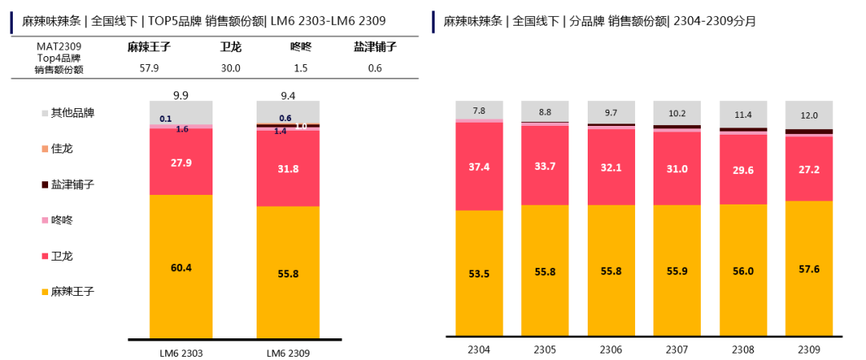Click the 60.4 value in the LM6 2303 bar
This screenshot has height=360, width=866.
(182, 268)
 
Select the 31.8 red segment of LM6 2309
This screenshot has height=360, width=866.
(288, 168)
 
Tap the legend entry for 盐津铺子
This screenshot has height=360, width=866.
(72, 184)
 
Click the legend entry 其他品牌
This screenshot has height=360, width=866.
(72, 113)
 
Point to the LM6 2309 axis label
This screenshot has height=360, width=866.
(288, 353)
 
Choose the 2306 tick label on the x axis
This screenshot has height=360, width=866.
(611, 350)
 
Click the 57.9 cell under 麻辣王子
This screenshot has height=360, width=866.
(150, 68)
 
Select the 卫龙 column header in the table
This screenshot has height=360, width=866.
(231, 48)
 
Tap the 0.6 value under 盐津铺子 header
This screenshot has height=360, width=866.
(375, 68)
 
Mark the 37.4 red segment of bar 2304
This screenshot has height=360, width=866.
(480, 165)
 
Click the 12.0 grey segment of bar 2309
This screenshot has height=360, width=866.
(809, 115)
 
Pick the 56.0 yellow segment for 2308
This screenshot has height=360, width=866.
(743, 272)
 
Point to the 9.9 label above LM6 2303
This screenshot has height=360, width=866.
(181, 95)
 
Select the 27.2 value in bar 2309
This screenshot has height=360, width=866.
(809, 168)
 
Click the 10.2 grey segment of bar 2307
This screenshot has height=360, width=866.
(678, 113)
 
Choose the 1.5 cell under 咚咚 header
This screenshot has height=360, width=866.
(300, 68)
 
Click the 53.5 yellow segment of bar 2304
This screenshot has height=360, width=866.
(480, 273)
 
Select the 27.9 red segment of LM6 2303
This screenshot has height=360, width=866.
(182, 162)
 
